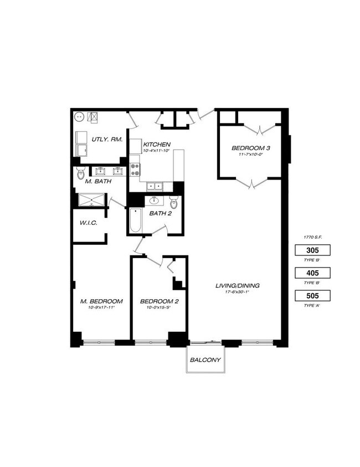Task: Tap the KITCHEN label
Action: coord(157,145)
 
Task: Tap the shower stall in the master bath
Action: coord(90,200)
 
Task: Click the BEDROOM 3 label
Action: coord(251,148)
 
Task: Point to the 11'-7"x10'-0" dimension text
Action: coord(251,155)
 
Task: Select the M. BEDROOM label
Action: coord(101,301)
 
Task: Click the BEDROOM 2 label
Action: coord(159,301)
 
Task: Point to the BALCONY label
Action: coord(205,360)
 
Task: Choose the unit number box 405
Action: coord(314,273)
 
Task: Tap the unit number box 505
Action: coord(314,296)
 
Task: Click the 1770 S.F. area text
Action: coord(313,237)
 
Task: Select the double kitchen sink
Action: coord(155,187)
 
